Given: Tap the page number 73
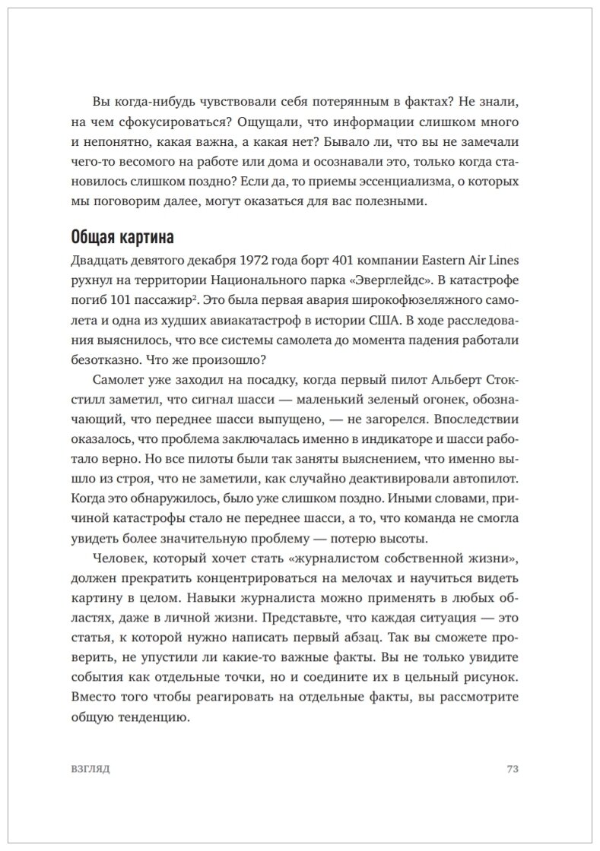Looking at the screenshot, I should (512, 768).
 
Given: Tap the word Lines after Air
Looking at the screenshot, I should (503, 261).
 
